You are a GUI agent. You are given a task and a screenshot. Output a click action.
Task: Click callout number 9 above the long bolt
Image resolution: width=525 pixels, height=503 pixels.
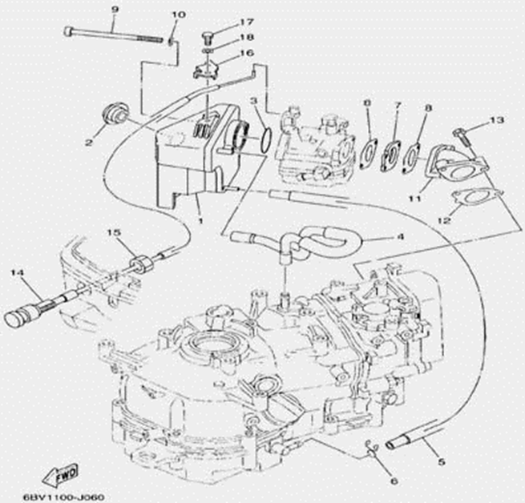114,9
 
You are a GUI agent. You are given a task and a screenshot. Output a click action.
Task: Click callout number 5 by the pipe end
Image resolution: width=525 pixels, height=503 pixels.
441,461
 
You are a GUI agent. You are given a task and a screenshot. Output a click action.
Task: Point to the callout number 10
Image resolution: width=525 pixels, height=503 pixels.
178,14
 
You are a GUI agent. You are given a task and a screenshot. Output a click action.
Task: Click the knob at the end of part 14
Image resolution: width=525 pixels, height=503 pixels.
16,318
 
